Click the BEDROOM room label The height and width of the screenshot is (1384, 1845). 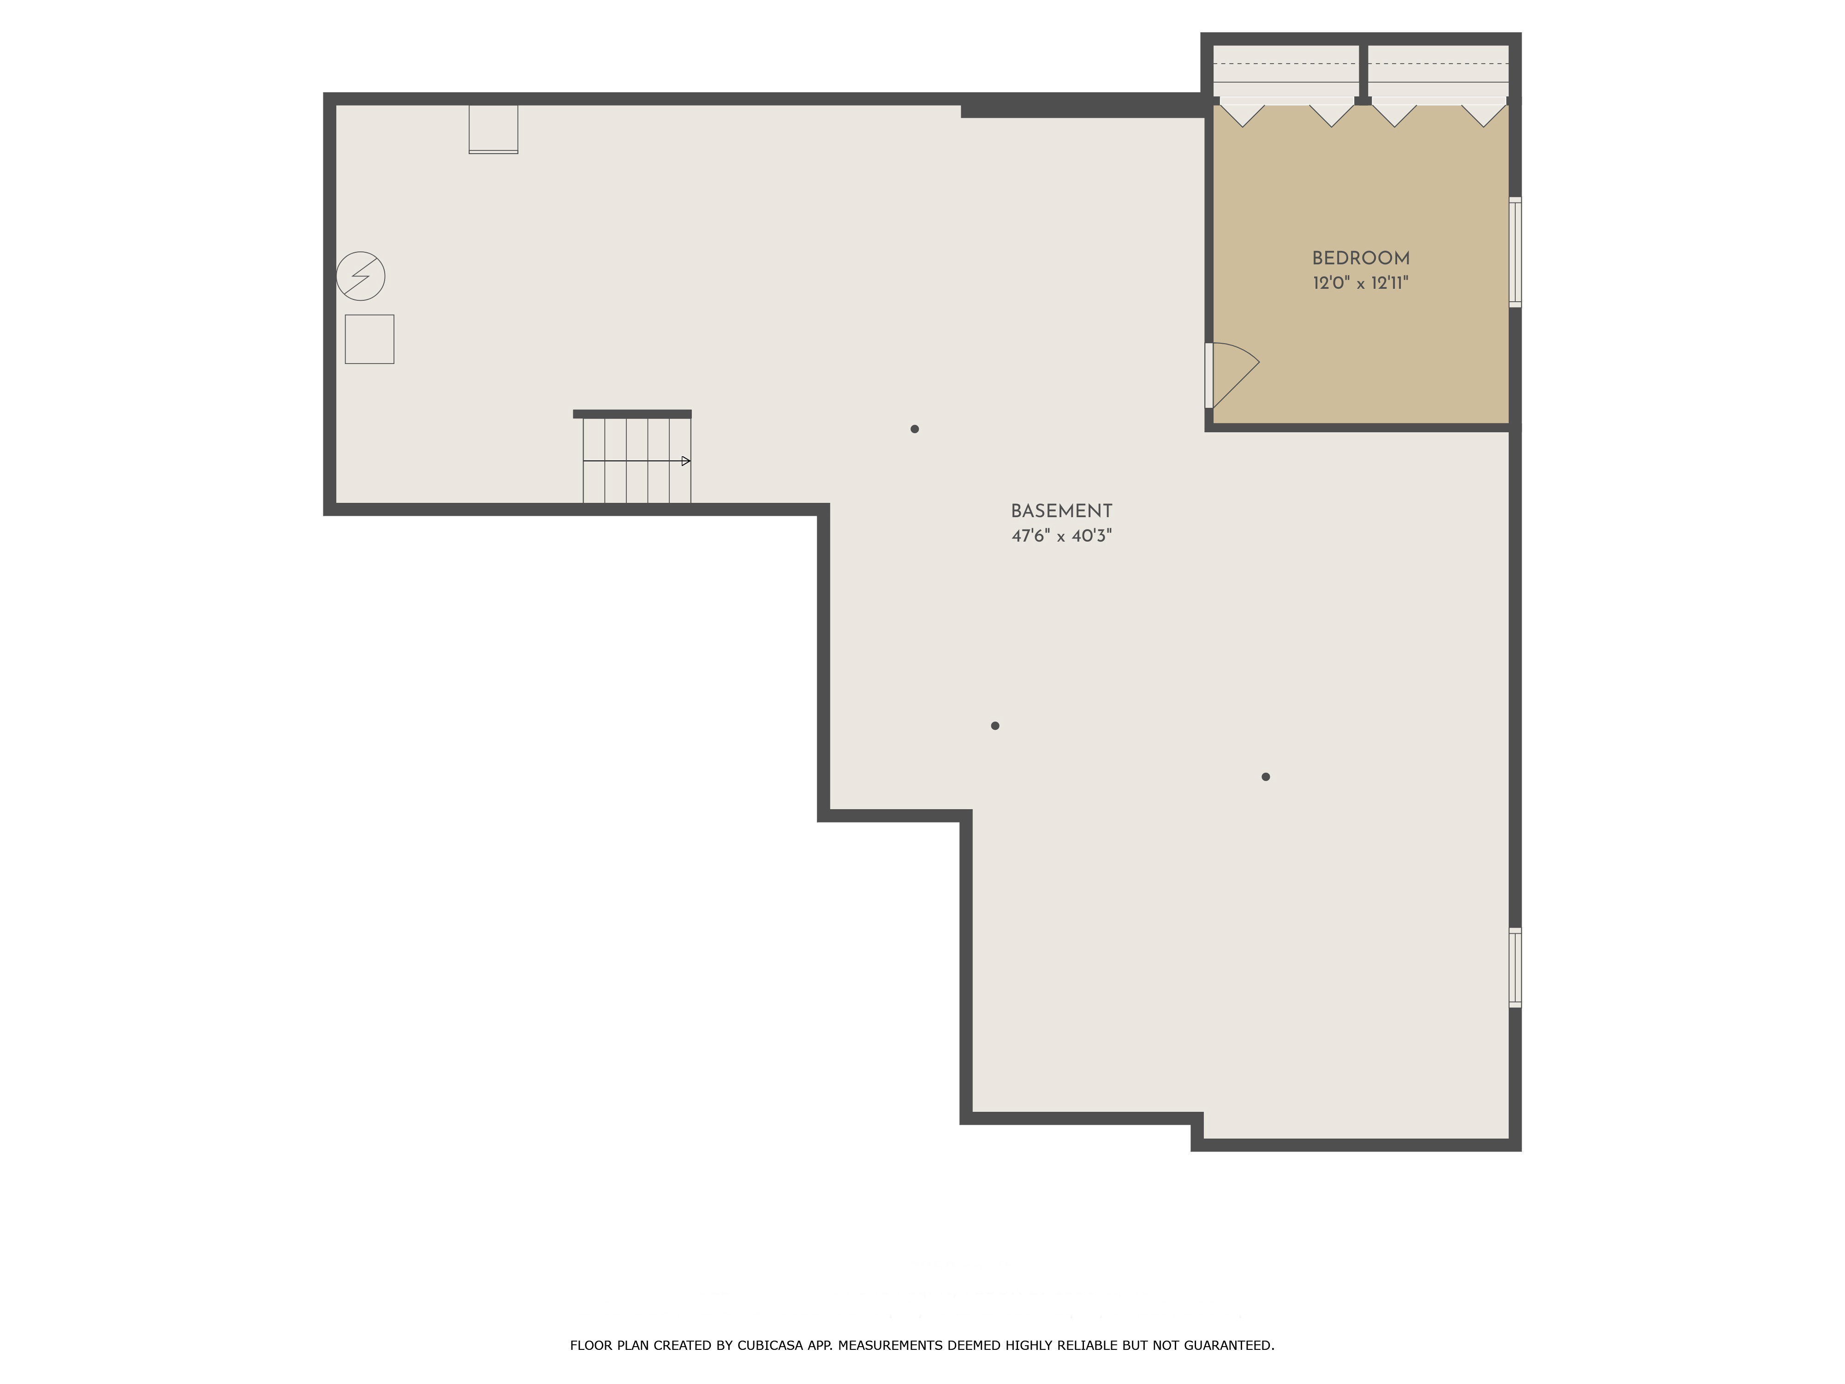click(x=1360, y=259)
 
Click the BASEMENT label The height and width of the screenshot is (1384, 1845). click(x=1061, y=511)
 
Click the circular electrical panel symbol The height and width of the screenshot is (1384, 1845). click(x=360, y=276)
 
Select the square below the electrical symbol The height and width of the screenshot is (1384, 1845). click(x=369, y=339)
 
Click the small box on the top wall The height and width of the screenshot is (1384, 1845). click(x=493, y=128)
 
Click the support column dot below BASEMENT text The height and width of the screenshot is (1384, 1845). click(x=994, y=726)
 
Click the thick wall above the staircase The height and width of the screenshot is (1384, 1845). click(x=632, y=414)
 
